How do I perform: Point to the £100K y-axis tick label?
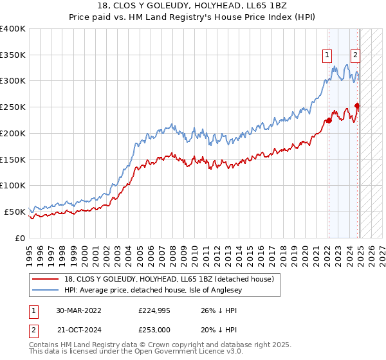(13, 185)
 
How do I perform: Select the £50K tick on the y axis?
(15, 212)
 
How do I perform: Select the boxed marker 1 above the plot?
(328, 55)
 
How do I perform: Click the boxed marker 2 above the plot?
(355, 55)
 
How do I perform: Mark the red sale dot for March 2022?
(328, 120)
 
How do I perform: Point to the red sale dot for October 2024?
(357, 105)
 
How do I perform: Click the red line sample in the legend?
(46, 279)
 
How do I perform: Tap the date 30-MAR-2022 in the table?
(79, 310)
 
